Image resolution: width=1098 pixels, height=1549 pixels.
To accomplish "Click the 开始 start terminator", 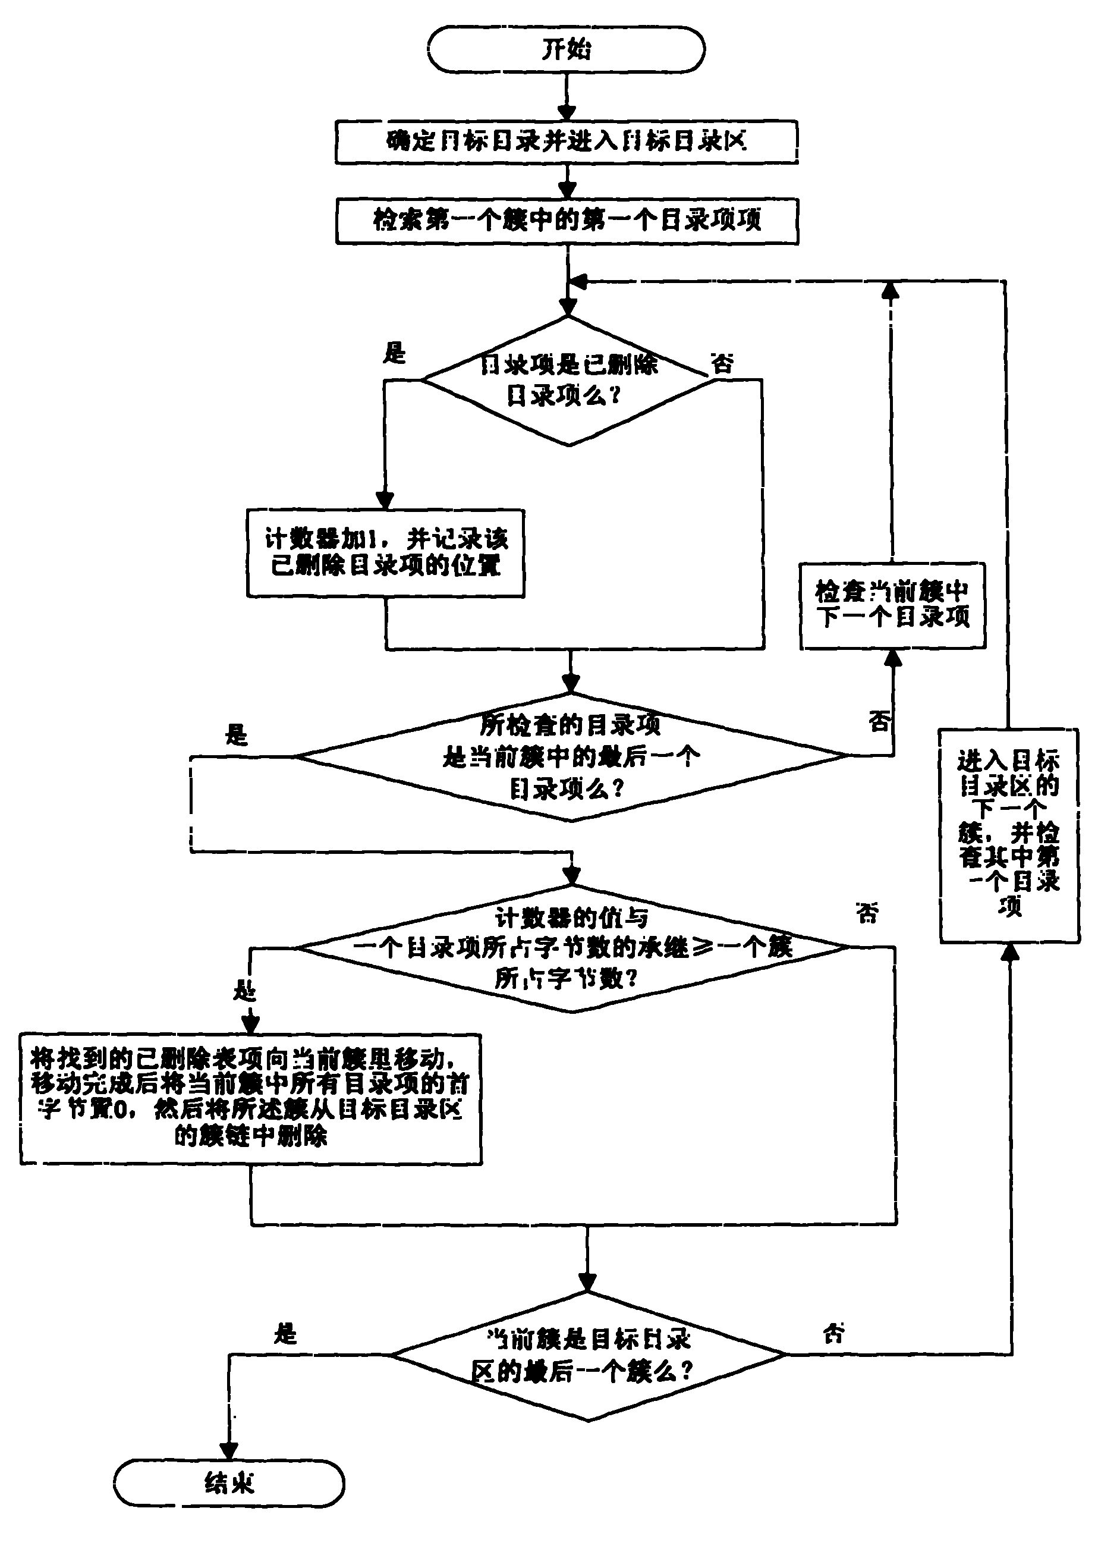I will [566, 49].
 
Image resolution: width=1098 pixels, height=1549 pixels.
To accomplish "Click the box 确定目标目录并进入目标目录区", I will [567, 142].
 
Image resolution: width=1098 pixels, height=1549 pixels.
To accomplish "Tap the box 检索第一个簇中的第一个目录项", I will [567, 221].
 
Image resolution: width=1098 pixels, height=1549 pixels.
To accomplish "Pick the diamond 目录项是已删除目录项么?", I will [568, 381].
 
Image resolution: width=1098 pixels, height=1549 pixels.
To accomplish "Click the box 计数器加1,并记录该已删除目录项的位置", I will [385, 552].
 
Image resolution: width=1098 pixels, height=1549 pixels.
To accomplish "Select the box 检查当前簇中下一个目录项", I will [892, 605].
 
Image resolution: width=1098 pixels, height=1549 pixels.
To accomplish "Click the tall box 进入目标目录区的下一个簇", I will [1009, 835].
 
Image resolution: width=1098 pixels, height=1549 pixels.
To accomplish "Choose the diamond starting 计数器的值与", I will [572, 947].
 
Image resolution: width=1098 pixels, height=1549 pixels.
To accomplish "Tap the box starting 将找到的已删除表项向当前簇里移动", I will [250, 1099].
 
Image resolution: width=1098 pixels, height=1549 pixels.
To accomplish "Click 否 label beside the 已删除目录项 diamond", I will [722, 364].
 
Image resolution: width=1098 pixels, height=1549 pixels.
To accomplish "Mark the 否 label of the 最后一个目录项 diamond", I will [879, 721].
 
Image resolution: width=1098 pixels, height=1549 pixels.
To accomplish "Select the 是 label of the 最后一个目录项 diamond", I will [237, 735].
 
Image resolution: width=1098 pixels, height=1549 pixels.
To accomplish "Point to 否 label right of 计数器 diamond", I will [867, 913].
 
